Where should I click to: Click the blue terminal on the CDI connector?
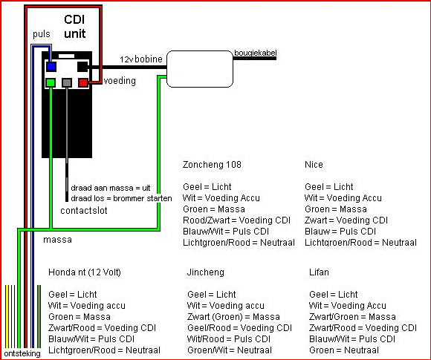point(51,67)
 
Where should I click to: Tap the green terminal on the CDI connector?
point(51,82)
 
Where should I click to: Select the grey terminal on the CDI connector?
point(67,82)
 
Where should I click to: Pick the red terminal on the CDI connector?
point(83,82)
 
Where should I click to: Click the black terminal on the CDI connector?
point(82,67)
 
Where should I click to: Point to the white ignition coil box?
point(200,69)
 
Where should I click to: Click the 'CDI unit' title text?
point(75,27)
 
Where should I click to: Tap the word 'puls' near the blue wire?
point(42,34)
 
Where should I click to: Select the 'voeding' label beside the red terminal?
point(120,81)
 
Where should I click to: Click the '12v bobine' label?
point(141,59)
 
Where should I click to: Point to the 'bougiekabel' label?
point(256,53)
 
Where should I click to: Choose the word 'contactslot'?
point(84,211)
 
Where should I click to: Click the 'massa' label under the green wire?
point(57,240)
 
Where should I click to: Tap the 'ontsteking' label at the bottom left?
point(22,353)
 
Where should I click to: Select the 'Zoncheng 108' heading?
point(212,165)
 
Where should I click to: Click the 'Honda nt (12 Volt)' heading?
point(85,272)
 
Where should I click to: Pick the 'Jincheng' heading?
point(206,272)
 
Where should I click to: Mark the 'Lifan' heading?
point(319,272)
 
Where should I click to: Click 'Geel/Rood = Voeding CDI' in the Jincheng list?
point(239,328)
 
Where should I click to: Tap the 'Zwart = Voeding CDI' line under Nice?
point(346,220)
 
